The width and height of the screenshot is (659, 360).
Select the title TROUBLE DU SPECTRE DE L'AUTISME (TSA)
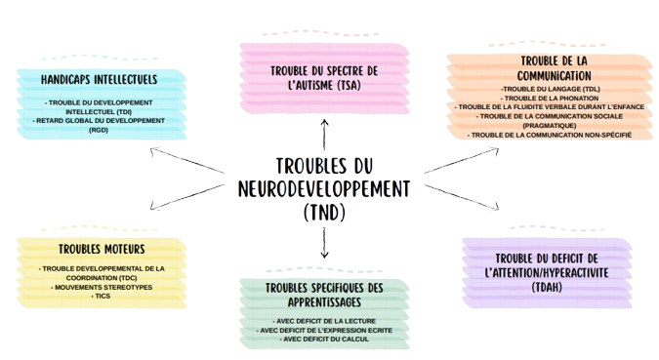coord(323,78)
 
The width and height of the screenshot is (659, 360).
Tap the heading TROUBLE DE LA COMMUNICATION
coord(547,69)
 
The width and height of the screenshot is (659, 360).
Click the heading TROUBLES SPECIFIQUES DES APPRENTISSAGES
coord(323,296)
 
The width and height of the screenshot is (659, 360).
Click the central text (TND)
coord(325,210)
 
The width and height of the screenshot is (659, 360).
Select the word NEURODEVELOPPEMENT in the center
coord(325,187)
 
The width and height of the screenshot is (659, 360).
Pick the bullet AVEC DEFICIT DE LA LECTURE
coord(323,321)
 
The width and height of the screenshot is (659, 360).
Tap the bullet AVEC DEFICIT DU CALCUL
coord(323,339)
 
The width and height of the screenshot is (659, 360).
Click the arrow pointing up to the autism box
coord(325,133)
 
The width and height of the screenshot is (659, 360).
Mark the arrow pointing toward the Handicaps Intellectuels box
coord(185,160)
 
